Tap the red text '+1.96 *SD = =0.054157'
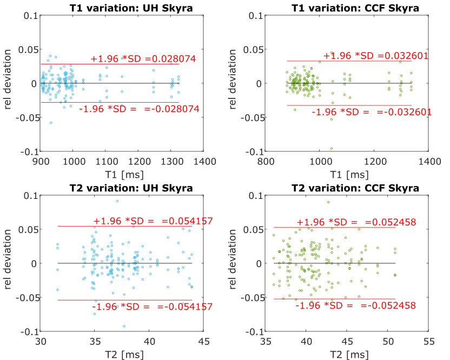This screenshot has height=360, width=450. pos(153,221)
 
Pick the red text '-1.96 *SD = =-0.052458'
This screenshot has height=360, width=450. pos(355,305)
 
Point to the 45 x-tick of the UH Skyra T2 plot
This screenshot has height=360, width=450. pos(203,342)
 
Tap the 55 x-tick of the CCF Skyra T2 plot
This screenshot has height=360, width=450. pos(429,342)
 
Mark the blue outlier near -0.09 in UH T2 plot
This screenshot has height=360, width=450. pos(124,326)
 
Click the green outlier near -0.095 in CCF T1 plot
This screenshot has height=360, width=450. pos(332,149)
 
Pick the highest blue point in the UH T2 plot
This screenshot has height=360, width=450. pos(117,201)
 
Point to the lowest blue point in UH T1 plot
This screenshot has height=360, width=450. pos(51,123)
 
